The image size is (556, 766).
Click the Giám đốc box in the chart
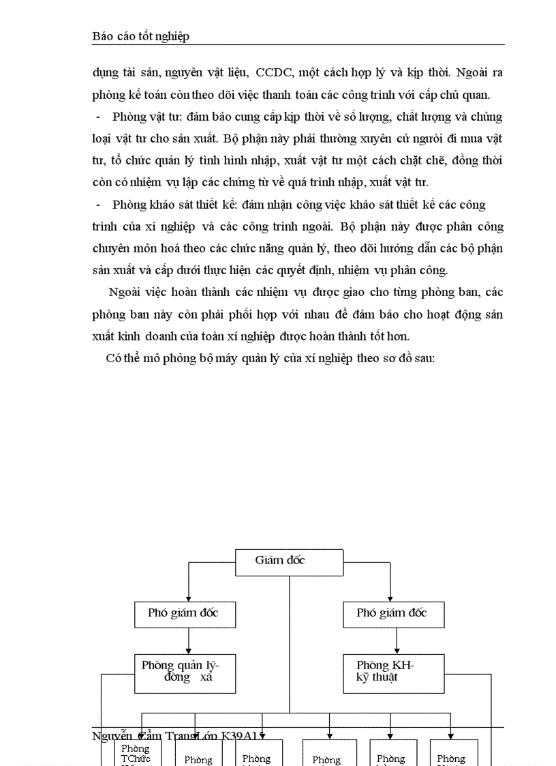coord(289,561)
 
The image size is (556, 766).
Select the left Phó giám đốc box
coord(185,614)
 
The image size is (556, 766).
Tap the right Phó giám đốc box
coord(393,614)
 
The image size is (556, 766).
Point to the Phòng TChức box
coord(137,753)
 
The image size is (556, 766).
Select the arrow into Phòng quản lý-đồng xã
coord(189,650)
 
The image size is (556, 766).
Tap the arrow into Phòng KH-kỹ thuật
coord(397,650)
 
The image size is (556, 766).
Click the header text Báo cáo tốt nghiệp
coord(140,37)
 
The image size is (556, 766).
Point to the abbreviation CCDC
coord(273,72)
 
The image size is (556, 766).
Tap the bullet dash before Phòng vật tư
coord(99,117)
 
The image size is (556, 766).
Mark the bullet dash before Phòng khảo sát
coord(99,205)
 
